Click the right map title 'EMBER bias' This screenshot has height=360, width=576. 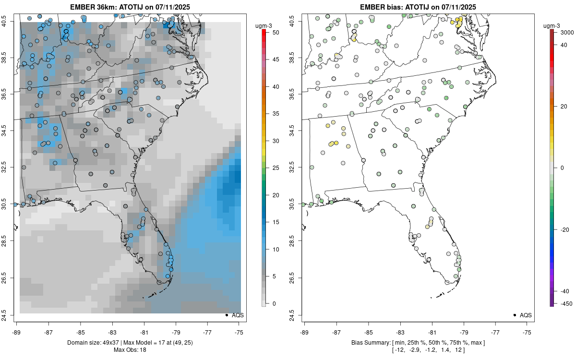click(383, 7)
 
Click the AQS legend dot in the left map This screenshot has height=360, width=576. click(227, 315)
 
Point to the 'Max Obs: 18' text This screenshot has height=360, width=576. click(130, 350)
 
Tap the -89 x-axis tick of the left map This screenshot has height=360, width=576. click(16, 332)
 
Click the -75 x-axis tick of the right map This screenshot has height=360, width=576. click(528, 332)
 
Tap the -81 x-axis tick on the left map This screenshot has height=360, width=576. click(144, 332)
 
